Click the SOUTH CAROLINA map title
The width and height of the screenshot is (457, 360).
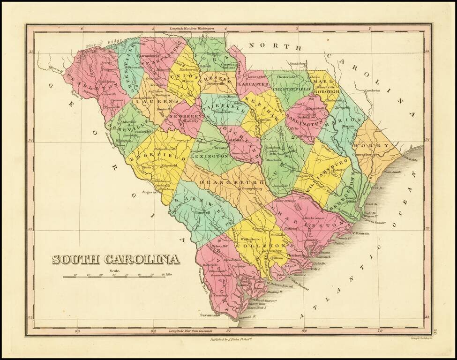coord(115,259)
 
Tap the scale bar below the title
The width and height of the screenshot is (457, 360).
coord(115,277)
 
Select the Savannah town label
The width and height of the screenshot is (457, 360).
coord(210,315)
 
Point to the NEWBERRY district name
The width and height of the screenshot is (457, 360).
coord(187,115)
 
